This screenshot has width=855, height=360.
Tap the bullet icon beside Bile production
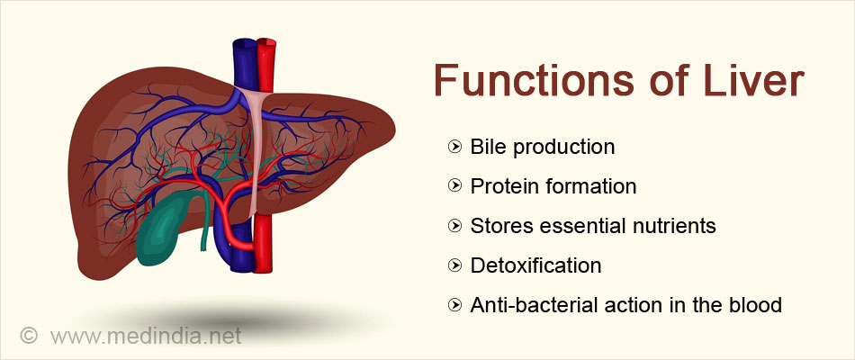pos(454,147)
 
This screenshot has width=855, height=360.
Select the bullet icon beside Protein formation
pos(454,186)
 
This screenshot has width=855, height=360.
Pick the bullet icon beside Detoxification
pos(454,265)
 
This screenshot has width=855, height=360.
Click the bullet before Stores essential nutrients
pos(454,226)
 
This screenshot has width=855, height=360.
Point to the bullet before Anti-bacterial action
pos(454,305)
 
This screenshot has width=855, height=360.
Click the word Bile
pos(485,147)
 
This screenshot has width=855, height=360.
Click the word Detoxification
pos(535,265)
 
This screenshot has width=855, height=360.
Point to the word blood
pos(758,305)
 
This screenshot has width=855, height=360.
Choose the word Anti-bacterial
pos(526,305)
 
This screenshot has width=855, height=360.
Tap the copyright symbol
pos(29,336)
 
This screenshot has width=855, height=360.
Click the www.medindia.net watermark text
pos(146,336)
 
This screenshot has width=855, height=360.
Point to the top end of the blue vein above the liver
pos(245,40)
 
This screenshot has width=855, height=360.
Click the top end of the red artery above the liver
pos(266,40)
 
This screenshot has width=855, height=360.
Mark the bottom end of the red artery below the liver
pos(263,271)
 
